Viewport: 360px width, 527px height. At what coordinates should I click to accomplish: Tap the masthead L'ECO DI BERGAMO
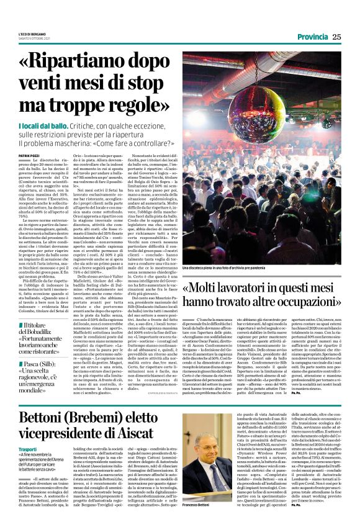coord(30,33)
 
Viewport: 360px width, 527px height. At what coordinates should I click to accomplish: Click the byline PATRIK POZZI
coord(29,156)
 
